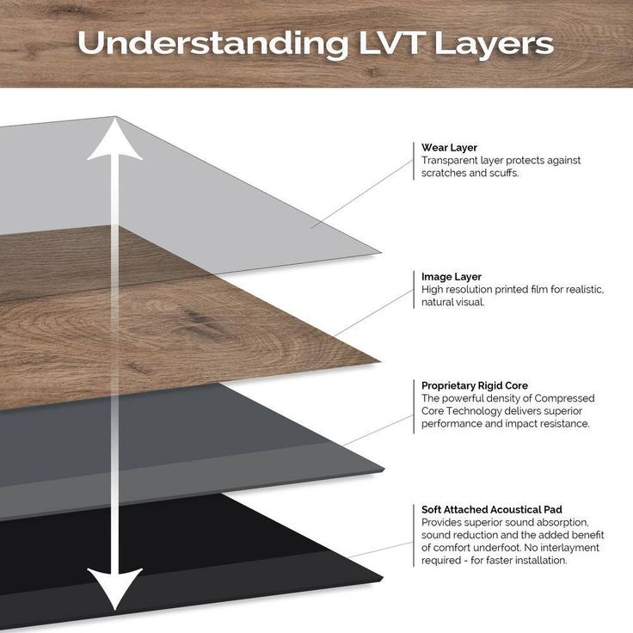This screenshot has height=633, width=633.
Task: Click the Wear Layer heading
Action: (x=449, y=147)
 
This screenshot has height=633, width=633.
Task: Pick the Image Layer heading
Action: (x=452, y=277)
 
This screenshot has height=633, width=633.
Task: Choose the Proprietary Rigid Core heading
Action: (x=475, y=385)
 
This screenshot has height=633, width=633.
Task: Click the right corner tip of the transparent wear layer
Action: (x=381, y=253)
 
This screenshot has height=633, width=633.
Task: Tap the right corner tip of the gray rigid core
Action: (x=384, y=469)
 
